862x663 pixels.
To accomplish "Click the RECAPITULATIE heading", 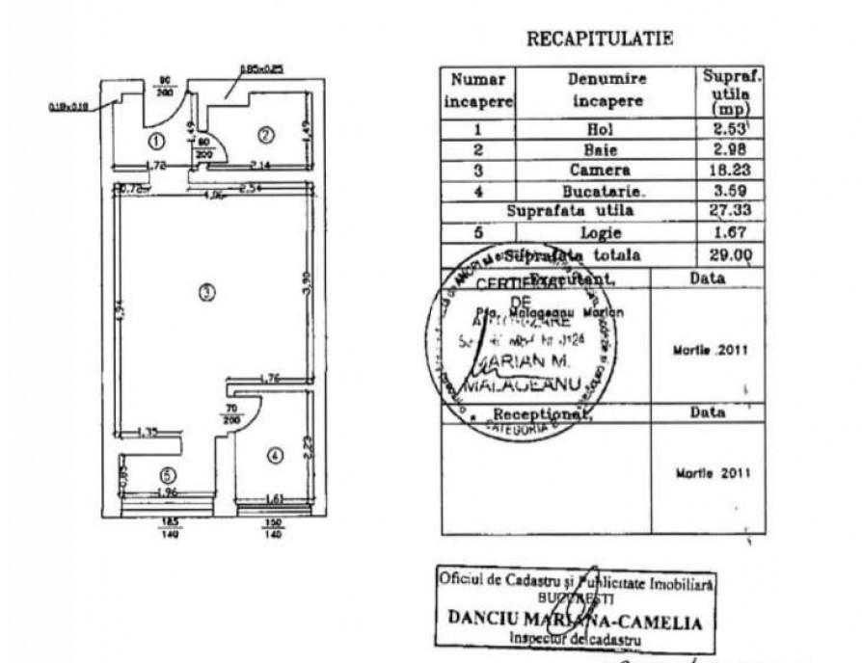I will [x=599, y=39].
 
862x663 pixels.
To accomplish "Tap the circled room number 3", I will [x=205, y=292].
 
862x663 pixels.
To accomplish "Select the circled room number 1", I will [x=154, y=141].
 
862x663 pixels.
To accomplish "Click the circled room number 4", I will [x=275, y=456].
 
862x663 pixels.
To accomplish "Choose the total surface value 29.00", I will [x=729, y=253].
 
